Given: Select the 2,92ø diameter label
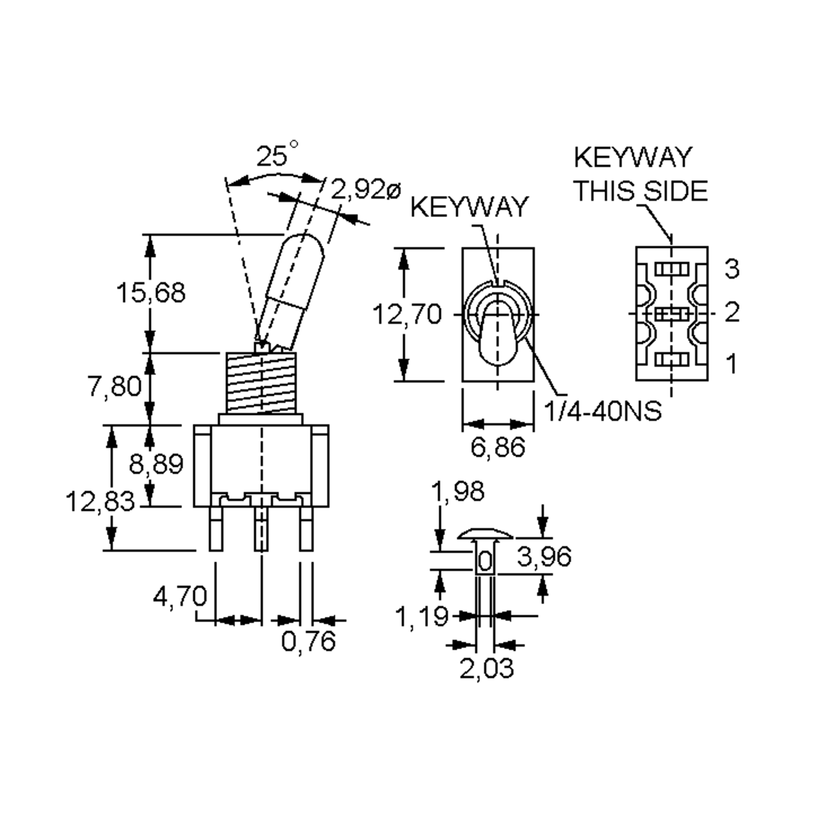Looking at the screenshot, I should (366, 190).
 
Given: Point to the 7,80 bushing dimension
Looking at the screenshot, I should (114, 386).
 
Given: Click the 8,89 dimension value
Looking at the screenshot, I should (156, 464).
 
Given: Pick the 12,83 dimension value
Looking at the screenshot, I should (99, 501).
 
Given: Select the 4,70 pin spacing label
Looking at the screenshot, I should (180, 596).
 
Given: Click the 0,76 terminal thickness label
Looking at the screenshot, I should (309, 641).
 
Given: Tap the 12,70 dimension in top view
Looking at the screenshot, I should (406, 314).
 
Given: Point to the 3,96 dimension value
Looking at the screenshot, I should (544, 557).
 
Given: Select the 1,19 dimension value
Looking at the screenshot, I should (422, 616).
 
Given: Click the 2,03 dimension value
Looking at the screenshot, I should (487, 668).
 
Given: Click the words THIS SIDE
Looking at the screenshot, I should (641, 191).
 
